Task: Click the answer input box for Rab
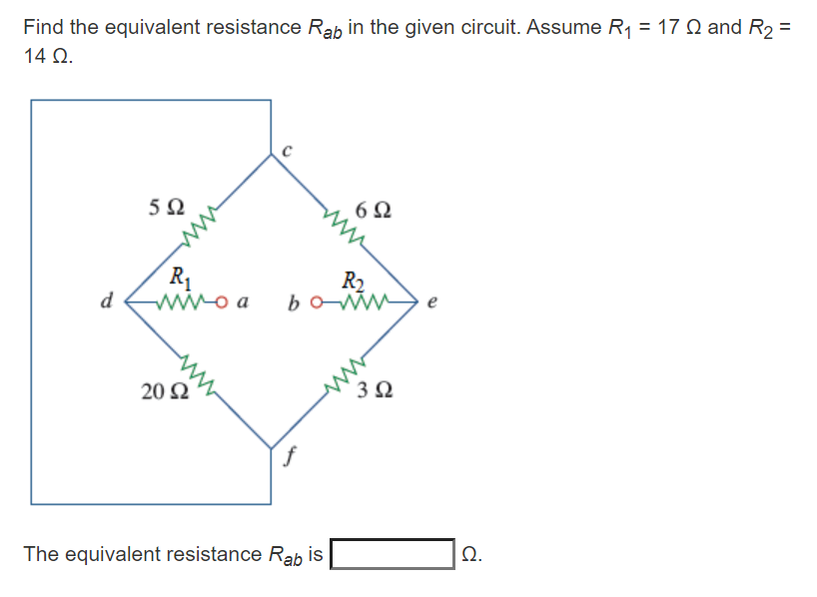pos(393,553)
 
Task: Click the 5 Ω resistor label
pos(166,209)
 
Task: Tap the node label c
pos(287,151)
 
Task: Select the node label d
pos(108,298)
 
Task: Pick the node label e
pos(431,298)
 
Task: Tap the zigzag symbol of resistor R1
pos(196,297)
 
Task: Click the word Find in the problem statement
pos(43,27)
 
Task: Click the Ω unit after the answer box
pos(470,555)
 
